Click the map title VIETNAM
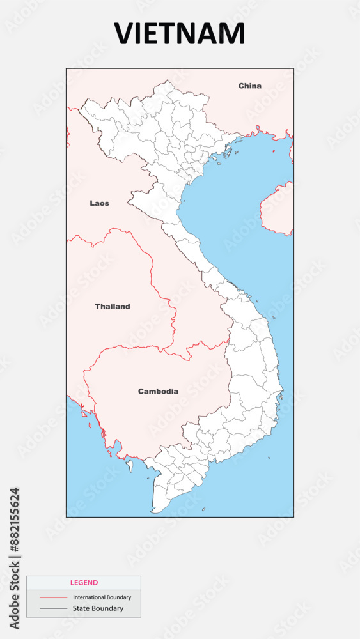(x=179, y=34)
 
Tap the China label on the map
(x=250, y=86)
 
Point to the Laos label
(x=99, y=203)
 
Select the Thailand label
(x=113, y=307)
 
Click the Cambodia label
(x=158, y=391)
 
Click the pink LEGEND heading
(x=84, y=583)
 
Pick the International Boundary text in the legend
(x=102, y=597)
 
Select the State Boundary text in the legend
(x=98, y=608)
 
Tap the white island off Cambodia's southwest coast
(x=129, y=465)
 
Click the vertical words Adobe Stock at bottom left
(x=15, y=594)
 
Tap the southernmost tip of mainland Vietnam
(x=153, y=512)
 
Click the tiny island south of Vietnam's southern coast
(x=203, y=509)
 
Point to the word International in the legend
(x=88, y=597)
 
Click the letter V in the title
(x=123, y=34)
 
